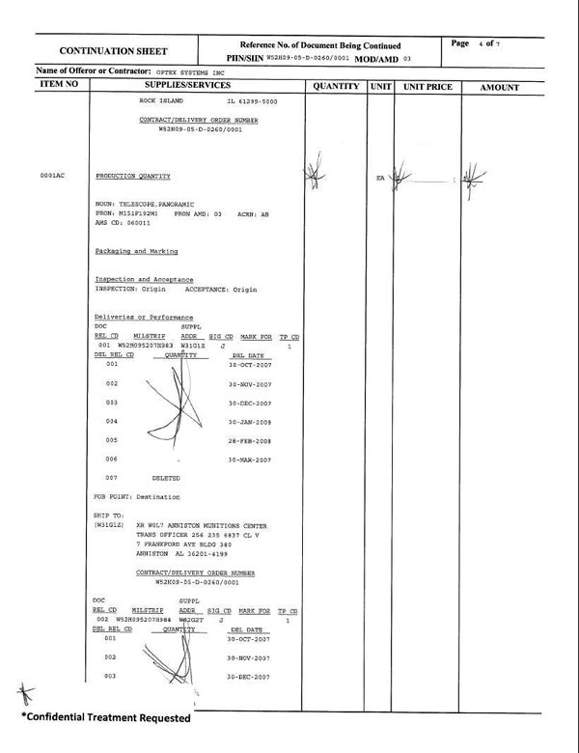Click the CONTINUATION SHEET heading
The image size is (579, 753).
tap(114, 51)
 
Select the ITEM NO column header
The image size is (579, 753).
tap(59, 87)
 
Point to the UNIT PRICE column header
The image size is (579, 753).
tap(427, 87)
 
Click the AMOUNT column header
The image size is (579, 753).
tap(499, 88)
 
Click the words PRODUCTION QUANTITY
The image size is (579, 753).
tap(133, 177)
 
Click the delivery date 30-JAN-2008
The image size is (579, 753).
tap(250, 421)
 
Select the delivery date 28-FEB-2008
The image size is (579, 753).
tap(250, 439)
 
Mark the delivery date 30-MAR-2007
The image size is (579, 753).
tap(250, 459)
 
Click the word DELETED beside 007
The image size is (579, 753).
tap(166, 478)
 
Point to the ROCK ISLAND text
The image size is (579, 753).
tap(160, 101)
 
